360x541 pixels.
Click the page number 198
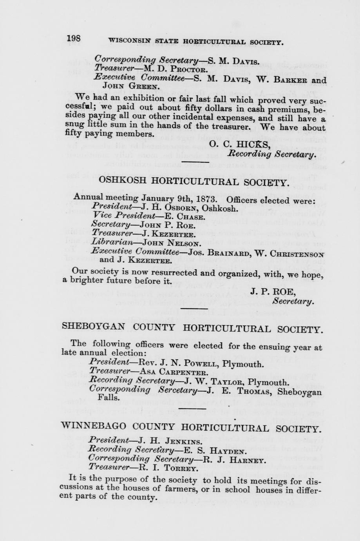coord(74,38)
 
